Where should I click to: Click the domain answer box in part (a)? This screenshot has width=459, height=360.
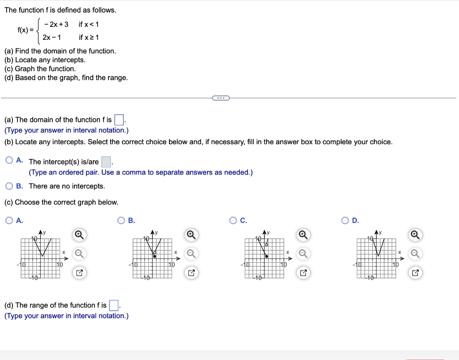coord(119,120)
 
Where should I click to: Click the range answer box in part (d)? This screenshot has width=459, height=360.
coord(114,306)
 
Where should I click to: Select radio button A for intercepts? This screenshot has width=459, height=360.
coord(9,160)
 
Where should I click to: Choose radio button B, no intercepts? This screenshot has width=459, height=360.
coord(9,186)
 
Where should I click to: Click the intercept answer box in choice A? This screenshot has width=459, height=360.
coord(106,162)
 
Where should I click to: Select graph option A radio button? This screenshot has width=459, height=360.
coord(9,220)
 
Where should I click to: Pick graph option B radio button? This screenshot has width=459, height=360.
coord(121,220)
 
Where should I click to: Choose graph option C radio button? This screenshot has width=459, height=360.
coord(233,220)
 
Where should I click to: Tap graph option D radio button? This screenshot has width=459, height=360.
coord(345,220)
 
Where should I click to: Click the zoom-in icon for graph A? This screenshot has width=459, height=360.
coord(78,234)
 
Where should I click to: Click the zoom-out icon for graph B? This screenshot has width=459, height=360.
coord(191,253)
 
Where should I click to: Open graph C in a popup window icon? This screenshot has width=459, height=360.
coord(303,272)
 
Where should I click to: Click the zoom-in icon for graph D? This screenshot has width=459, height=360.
coord(415,234)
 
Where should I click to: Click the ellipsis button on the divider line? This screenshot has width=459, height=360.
coord(220,98)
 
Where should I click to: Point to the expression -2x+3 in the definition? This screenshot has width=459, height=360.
coord(56,24)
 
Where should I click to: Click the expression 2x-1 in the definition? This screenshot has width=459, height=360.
coord(52,37)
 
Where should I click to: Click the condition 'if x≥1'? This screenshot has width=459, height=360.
coord(89,37)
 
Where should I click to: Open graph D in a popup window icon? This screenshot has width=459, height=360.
coord(415,272)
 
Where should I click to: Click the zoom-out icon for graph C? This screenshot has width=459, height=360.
coord(303,253)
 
